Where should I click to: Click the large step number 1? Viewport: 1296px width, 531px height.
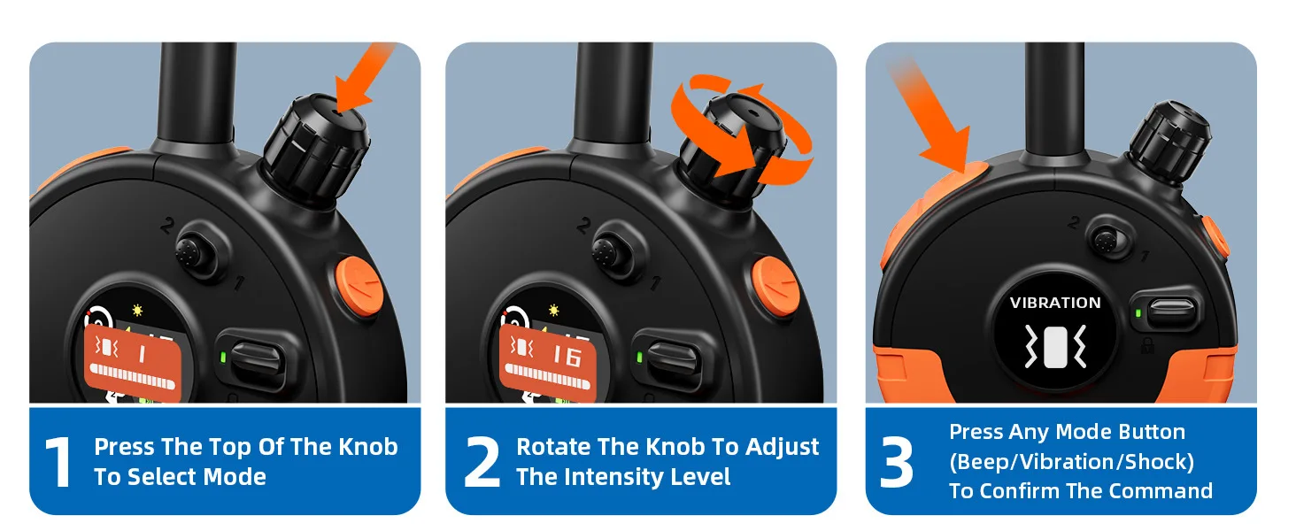pos(58,462)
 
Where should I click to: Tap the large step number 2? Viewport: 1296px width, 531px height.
pos(482,462)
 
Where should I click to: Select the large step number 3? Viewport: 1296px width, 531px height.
pos(896,462)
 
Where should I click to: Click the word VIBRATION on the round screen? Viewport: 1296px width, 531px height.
pos(1054,303)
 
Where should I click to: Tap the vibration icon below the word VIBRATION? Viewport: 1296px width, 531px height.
pos(1055,346)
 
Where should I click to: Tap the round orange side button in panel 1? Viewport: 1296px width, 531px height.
pos(359,286)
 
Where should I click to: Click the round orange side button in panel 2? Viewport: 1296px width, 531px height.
pos(775,286)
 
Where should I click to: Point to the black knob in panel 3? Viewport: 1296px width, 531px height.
pos(1169,142)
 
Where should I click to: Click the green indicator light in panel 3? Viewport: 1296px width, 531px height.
pos(1138,313)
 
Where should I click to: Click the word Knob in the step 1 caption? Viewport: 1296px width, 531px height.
pos(368,447)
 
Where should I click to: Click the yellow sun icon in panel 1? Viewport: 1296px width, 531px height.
pos(137,310)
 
